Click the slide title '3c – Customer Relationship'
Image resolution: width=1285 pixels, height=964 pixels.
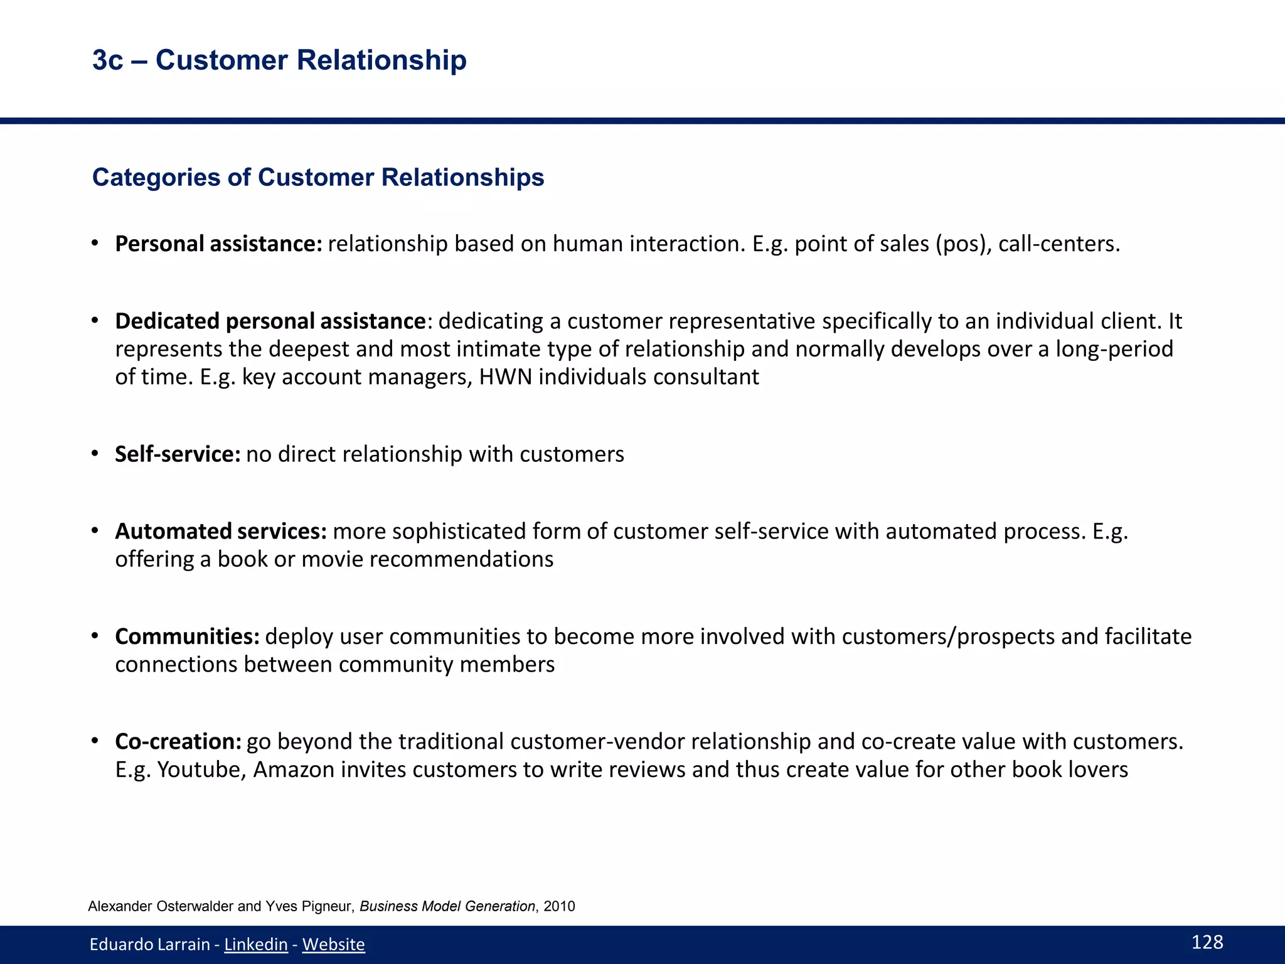(x=279, y=60)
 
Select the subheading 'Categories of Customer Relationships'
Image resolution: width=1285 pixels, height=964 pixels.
(x=318, y=178)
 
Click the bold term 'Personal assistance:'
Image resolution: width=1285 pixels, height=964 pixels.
(x=218, y=244)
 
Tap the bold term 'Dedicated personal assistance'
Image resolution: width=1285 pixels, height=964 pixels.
(x=270, y=321)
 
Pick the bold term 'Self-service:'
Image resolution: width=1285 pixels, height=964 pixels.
(x=178, y=454)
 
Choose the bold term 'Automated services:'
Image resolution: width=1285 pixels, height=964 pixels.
(x=221, y=532)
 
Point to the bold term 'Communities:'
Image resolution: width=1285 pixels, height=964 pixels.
(x=187, y=637)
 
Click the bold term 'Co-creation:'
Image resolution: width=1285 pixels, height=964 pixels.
(x=178, y=742)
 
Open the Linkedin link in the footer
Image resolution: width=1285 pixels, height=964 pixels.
(x=256, y=945)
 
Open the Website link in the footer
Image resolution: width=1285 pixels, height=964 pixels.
(x=333, y=945)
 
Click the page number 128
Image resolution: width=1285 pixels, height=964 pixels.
(x=1207, y=942)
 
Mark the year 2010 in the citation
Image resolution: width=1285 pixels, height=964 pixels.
(x=559, y=906)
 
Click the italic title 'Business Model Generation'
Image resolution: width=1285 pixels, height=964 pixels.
(x=447, y=906)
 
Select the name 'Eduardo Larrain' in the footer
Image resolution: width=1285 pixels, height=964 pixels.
(x=149, y=945)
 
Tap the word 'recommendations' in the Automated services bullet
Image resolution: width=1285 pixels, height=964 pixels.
(x=461, y=559)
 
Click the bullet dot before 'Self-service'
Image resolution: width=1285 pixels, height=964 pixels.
(x=95, y=453)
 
